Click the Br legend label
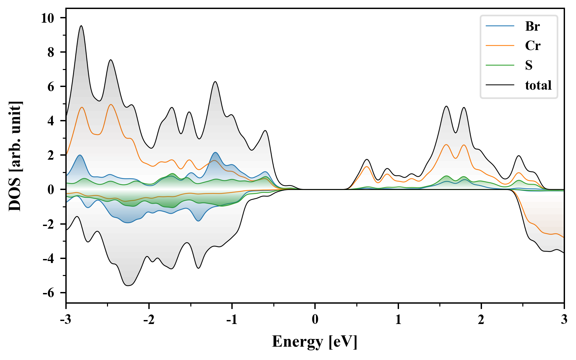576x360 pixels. (532, 26)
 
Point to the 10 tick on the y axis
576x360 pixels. (47, 18)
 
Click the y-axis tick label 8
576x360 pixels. (51, 52)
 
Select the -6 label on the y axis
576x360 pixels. (48, 293)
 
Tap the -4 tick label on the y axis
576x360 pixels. (48, 259)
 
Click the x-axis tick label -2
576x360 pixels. (149, 320)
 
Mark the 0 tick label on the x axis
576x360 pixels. (315, 320)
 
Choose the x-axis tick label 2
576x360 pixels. (481, 320)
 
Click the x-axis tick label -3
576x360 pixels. (66, 320)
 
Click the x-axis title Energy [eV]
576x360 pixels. (315, 342)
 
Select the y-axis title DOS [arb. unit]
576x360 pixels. (15, 156)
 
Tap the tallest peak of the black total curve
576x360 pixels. (81, 26)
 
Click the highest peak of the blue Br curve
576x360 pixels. (216, 153)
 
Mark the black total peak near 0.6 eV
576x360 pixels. (367, 160)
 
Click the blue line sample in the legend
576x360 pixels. (500, 26)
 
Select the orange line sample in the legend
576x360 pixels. (500, 45)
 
